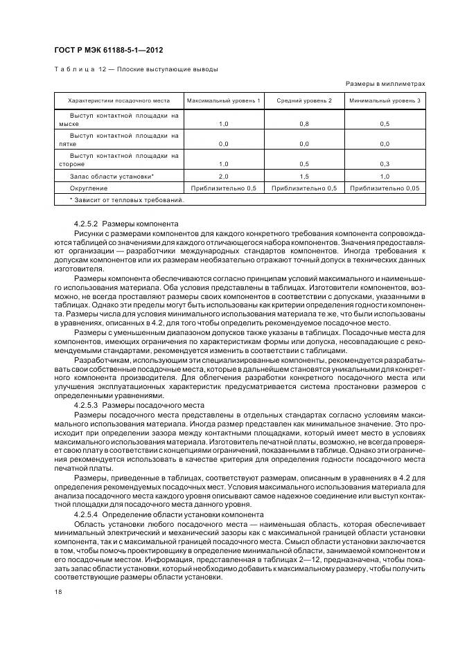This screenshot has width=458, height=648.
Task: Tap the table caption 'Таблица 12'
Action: tap(78, 69)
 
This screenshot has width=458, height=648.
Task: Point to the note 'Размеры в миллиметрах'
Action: tap(385, 84)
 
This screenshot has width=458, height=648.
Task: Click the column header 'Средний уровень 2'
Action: tap(304, 101)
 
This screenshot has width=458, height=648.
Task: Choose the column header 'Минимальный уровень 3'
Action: tap(385, 101)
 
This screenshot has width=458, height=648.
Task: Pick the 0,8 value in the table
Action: tap(304, 124)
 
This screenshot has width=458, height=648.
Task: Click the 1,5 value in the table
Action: tap(304, 177)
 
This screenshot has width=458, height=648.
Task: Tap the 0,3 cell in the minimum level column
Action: tap(385, 164)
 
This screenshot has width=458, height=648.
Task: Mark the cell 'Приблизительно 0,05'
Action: tap(385, 188)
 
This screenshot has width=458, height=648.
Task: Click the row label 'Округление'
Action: tap(88, 188)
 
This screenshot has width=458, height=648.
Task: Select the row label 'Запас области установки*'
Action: tap(112, 177)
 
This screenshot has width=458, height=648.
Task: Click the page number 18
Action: tap(58, 592)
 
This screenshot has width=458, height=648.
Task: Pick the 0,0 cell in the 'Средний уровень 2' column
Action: tap(304, 144)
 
